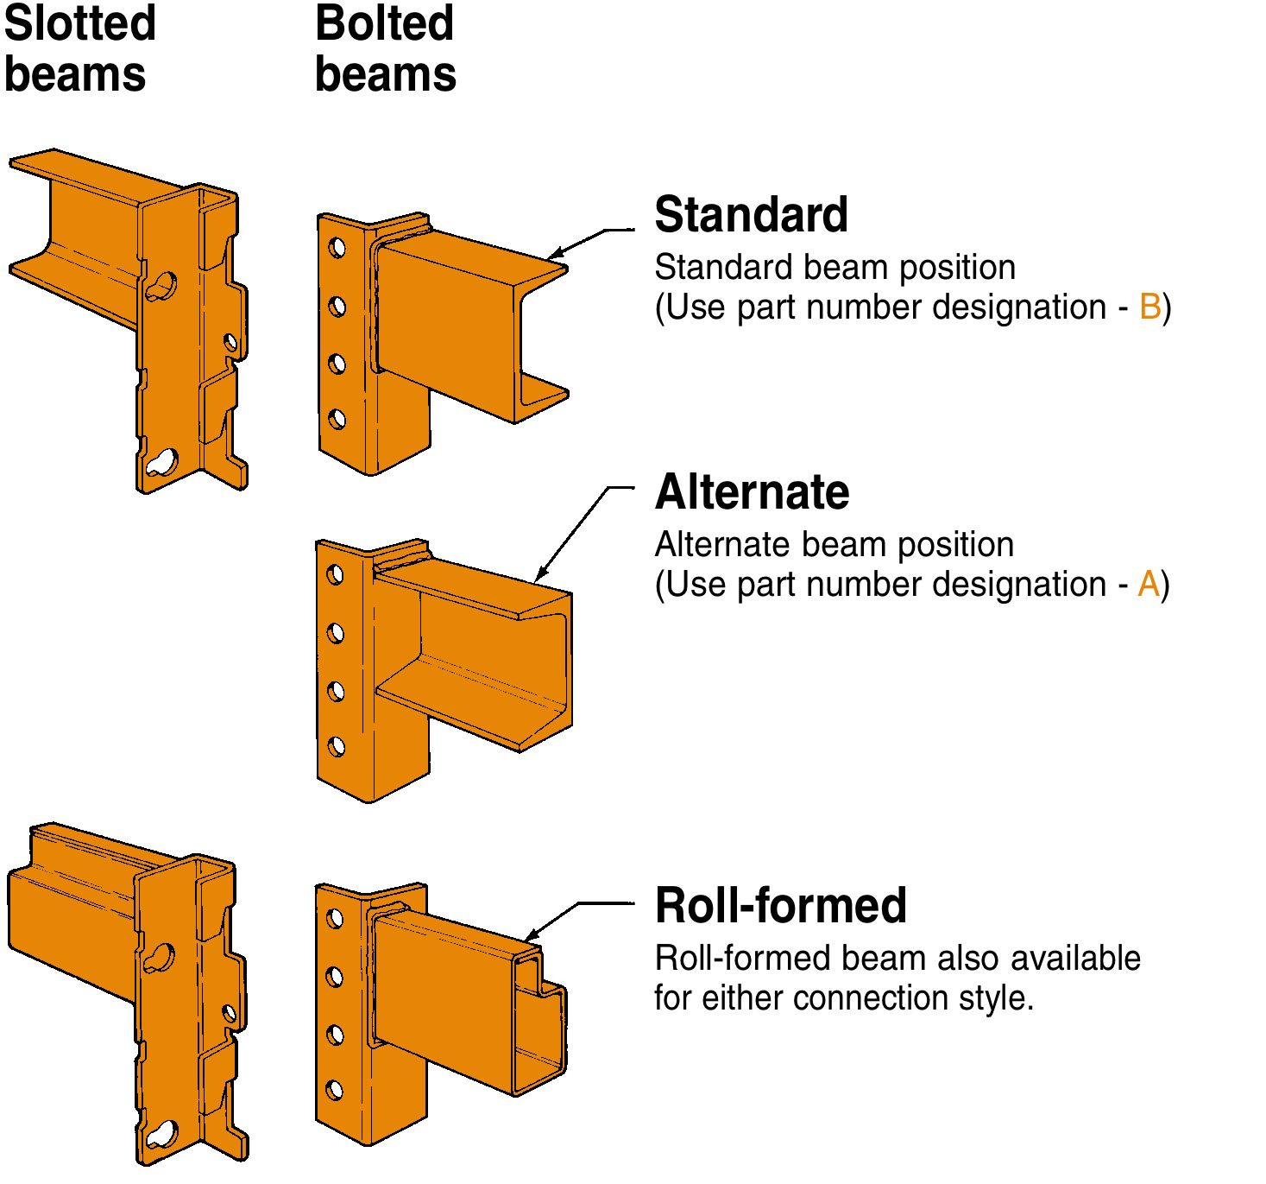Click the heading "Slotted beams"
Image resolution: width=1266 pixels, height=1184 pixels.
(79, 48)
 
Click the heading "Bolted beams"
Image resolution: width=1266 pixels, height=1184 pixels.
(385, 48)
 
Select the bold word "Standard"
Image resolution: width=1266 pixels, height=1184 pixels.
(751, 214)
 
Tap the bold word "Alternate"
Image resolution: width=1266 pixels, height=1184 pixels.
(752, 492)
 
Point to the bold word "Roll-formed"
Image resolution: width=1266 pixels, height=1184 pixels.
(780, 906)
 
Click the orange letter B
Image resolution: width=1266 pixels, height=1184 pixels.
(1149, 307)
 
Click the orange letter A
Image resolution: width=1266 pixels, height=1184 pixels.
(1148, 585)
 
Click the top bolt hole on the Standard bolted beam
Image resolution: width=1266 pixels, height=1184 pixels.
(337, 249)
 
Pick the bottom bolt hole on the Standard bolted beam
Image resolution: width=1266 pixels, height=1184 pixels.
(337, 420)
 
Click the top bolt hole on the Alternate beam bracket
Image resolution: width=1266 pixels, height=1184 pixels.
(336, 575)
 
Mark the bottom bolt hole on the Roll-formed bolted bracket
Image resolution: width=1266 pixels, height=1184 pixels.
(335, 1091)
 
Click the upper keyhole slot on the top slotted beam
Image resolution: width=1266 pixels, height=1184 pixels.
(161, 287)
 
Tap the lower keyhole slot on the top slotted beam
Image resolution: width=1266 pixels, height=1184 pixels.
(161, 464)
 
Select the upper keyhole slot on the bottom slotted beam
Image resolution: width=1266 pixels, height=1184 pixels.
(160, 958)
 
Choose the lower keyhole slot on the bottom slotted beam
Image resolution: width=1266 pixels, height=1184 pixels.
(161, 1135)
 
